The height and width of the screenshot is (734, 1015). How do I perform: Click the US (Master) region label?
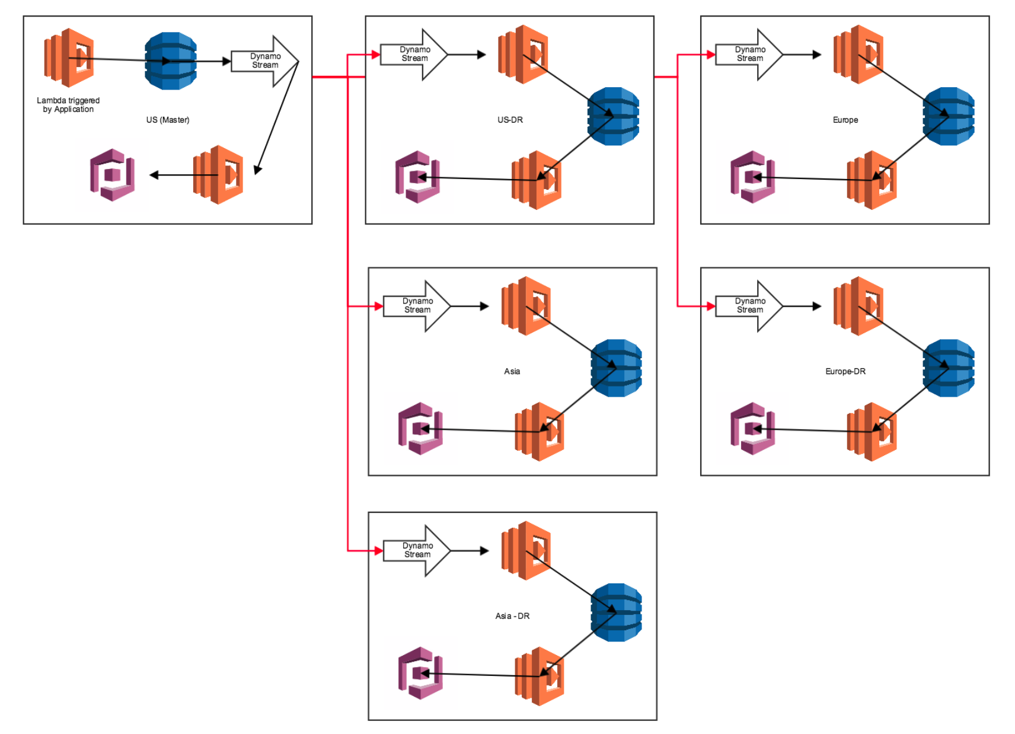pos(168,120)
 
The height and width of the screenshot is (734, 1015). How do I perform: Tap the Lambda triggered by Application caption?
pos(68,105)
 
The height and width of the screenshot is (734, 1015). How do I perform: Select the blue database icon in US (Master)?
pos(171,61)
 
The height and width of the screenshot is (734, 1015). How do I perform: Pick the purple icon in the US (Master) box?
pos(113,175)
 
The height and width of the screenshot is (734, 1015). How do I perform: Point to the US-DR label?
pos(510,120)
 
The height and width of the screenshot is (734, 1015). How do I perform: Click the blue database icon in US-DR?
pos(613,116)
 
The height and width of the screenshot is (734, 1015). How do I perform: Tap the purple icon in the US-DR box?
pos(417,177)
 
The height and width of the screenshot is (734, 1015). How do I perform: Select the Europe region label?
pos(845,120)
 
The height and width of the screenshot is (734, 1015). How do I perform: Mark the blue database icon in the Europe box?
pos(949,116)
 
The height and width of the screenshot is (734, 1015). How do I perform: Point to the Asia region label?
pos(512,371)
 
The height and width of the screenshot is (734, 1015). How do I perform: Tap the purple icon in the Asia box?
pos(420,428)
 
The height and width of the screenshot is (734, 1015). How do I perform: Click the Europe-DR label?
pos(845,371)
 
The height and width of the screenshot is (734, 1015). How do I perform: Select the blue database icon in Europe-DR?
pos(949,368)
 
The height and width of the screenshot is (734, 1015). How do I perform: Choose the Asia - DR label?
pos(512,616)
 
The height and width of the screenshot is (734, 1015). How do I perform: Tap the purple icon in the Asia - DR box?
pos(420,673)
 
